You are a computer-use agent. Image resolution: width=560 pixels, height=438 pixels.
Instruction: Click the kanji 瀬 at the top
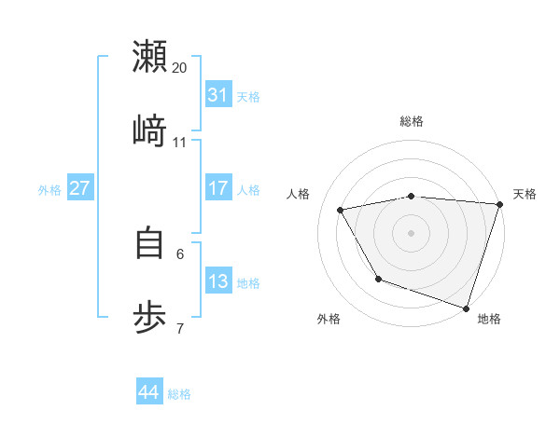coord(149,56)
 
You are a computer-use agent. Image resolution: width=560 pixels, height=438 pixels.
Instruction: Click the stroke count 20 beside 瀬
coord(180,68)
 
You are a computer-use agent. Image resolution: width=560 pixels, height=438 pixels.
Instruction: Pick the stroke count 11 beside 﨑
coord(180,142)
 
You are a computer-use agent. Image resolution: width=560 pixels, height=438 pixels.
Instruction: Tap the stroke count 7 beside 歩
coord(180,327)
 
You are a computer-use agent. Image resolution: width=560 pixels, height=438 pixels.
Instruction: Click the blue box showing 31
coord(218,95)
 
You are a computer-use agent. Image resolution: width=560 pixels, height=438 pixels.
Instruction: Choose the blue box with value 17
coord(218,188)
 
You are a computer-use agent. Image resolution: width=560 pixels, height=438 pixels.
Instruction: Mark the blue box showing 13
coord(218,281)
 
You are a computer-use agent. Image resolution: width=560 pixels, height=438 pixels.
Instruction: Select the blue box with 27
coord(80,188)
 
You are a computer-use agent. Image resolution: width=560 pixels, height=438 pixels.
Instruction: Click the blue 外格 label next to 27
coord(49,190)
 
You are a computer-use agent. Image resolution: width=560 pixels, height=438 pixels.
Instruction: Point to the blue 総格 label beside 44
coord(179,394)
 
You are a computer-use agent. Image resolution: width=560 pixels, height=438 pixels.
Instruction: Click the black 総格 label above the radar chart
coord(412,121)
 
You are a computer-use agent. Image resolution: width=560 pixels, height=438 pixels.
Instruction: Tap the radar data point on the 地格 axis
coord(466,308)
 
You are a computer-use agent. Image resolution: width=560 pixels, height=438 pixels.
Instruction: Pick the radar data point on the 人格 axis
coord(341,211)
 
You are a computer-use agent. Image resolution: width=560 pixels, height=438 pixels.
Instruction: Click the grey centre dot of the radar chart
coord(412,232)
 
